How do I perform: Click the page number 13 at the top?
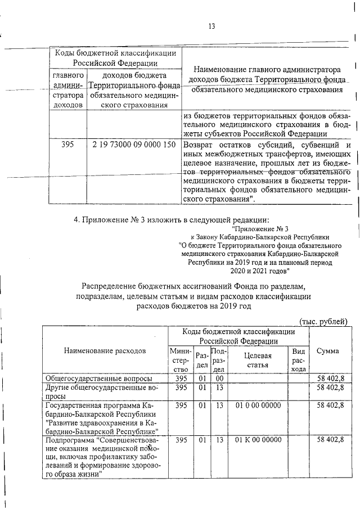click(212, 26)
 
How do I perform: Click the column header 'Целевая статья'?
click(258, 360)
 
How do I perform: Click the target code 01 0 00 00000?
click(258, 405)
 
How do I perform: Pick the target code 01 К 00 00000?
click(258, 439)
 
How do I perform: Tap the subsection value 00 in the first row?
click(220, 379)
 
